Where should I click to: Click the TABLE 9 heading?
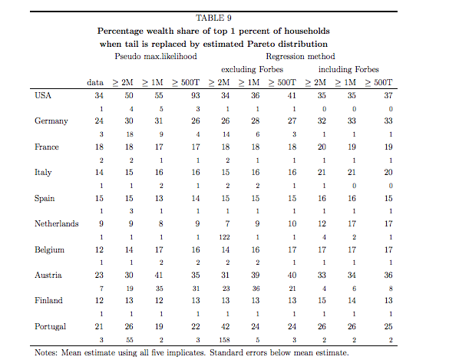[x=213, y=18]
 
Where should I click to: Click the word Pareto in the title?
[x=262, y=44]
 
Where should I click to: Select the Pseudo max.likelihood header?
[x=156, y=57]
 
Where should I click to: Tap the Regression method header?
[x=300, y=57]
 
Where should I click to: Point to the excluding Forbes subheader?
[x=252, y=70]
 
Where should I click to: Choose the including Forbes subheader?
[x=348, y=70]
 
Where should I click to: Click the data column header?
[x=95, y=82]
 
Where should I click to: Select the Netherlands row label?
[x=56, y=223]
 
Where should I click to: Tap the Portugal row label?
[x=50, y=327]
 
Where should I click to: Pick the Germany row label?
[x=51, y=121]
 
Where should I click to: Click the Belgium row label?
[x=49, y=250]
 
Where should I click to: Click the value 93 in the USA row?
[x=196, y=95]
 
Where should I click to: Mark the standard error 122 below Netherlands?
[x=224, y=237]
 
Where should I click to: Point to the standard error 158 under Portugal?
[x=224, y=340]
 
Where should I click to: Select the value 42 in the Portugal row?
[x=226, y=326]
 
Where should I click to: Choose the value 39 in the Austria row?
[x=256, y=275]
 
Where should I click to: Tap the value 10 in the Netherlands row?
[x=292, y=223]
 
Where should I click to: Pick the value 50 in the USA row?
[x=129, y=95]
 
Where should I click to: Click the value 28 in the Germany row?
[x=256, y=121]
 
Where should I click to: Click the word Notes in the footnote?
[x=45, y=352]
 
